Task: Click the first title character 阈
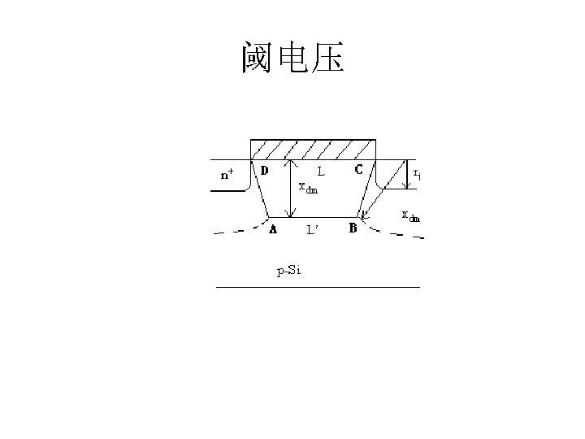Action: [258, 58]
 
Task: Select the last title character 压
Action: [327, 58]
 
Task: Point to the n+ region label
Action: [227, 174]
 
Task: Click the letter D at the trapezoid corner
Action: [264, 171]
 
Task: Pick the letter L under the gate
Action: [322, 172]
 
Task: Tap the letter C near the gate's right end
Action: [358, 171]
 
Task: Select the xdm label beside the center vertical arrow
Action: [308, 189]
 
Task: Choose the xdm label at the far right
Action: [412, 216]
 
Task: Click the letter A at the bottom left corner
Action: [273, 229]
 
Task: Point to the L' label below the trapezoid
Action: [313, 230]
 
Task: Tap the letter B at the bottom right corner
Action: [353, 228]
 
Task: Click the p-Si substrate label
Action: [289, 271]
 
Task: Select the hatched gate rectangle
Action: [313, 150]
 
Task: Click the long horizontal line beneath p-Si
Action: [318, 287]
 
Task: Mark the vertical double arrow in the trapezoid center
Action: [292, 189]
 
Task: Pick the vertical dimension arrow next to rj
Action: [405, 173]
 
